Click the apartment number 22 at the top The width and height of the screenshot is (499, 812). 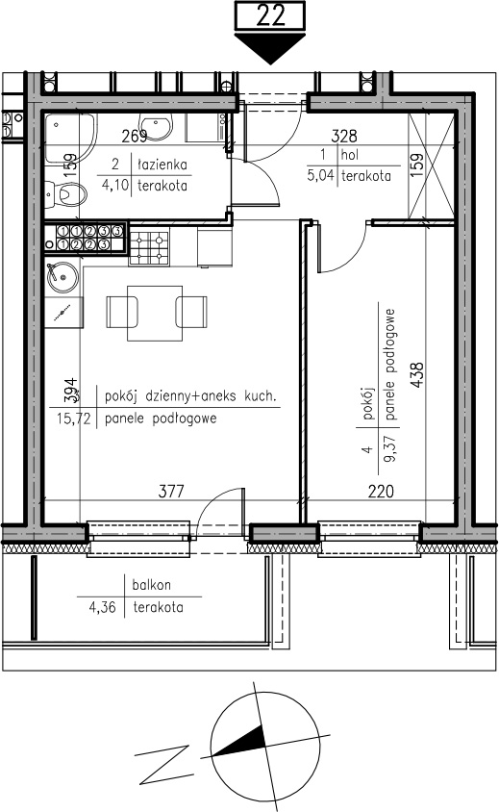click(x=271, y=15)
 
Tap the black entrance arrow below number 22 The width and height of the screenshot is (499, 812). click(x=269, y=48)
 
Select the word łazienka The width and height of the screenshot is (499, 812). click(x=162, y=165)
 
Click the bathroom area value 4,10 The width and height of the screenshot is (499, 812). click(x=115, y=185)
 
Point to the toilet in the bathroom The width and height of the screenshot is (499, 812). click(x=65, y=195)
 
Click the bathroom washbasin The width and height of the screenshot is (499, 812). click(x=157, y=127)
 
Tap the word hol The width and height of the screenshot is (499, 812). click(x=349, y=154)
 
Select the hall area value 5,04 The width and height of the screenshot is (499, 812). click(x=320, y=175)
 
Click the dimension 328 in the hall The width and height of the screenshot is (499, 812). click(x=343, y=136)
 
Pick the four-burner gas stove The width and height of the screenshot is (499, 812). click(x=150, y=247)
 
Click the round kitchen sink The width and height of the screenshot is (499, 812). click(x=62, y=276)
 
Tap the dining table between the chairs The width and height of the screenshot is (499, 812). click(x=155, y=314)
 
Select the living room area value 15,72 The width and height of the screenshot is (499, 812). click(x=72, y=419)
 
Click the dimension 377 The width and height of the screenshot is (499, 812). click(x=171, y=491)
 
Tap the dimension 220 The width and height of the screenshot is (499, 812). click(x=381, y=491)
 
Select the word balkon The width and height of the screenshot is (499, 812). click(x=151, y=585)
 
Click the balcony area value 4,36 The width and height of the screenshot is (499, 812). click(x=103, y=607)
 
